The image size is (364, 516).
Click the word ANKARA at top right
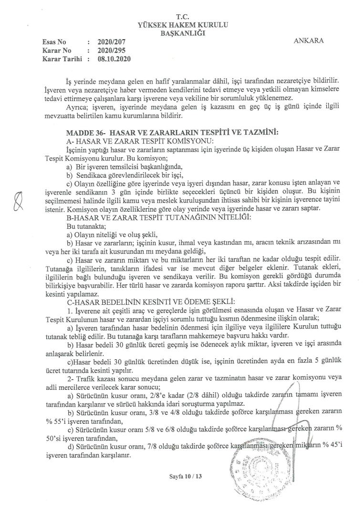tap(310, 41)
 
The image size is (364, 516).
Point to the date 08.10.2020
tap(114, 59)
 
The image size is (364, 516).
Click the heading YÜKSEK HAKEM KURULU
tap(183, 24)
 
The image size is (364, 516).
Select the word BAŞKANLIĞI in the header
tap(183, 32)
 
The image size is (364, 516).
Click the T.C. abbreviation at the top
tap(183, 16)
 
